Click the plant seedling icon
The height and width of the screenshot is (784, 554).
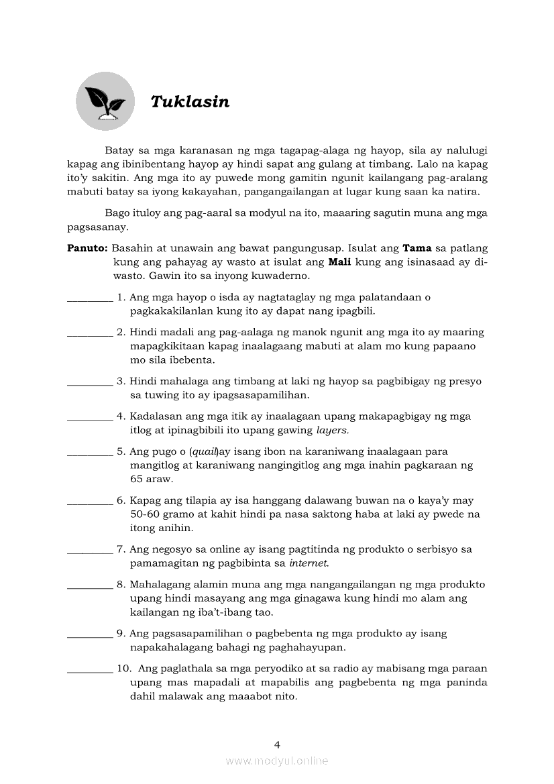point(105,101)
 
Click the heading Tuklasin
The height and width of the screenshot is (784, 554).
point(190,102)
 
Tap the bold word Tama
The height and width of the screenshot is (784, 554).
point(417,247)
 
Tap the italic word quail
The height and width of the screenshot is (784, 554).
point(205,451)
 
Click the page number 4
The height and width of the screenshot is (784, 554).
point(277,744)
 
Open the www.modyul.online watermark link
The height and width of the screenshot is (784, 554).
point(277,761)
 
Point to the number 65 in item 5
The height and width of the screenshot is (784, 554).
point(137,480)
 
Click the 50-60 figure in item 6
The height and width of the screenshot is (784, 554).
point(148,514)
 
